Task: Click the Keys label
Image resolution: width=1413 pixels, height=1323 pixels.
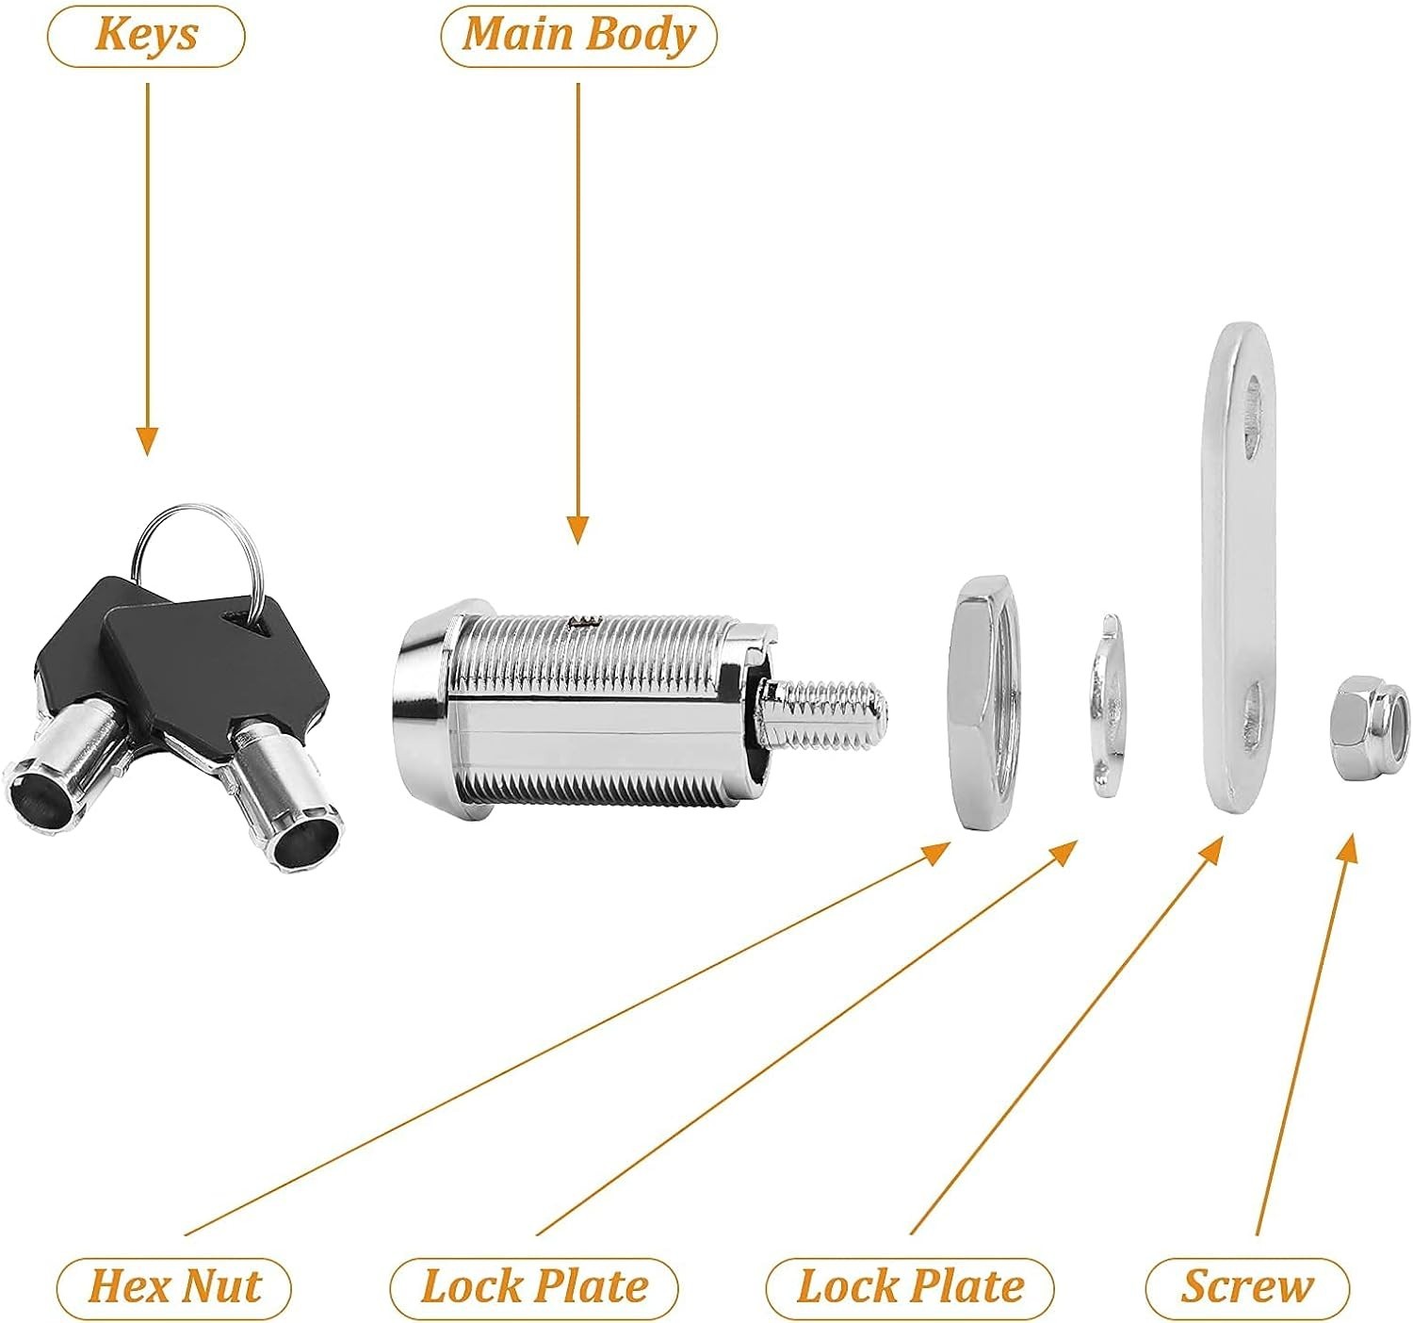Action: click(146, 35)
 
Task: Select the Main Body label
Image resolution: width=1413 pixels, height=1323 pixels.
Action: click(578, 35)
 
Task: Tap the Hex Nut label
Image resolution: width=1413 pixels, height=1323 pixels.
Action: click(174, 1287)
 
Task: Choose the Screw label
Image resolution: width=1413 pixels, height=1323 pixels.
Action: click(1247, 1287)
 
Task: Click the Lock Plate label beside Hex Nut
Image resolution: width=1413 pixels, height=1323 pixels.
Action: click(534, 1287)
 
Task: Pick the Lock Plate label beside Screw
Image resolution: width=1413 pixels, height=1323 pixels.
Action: click(910, 1287)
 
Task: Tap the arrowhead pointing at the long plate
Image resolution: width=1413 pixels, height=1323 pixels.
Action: click(1211, 848)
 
